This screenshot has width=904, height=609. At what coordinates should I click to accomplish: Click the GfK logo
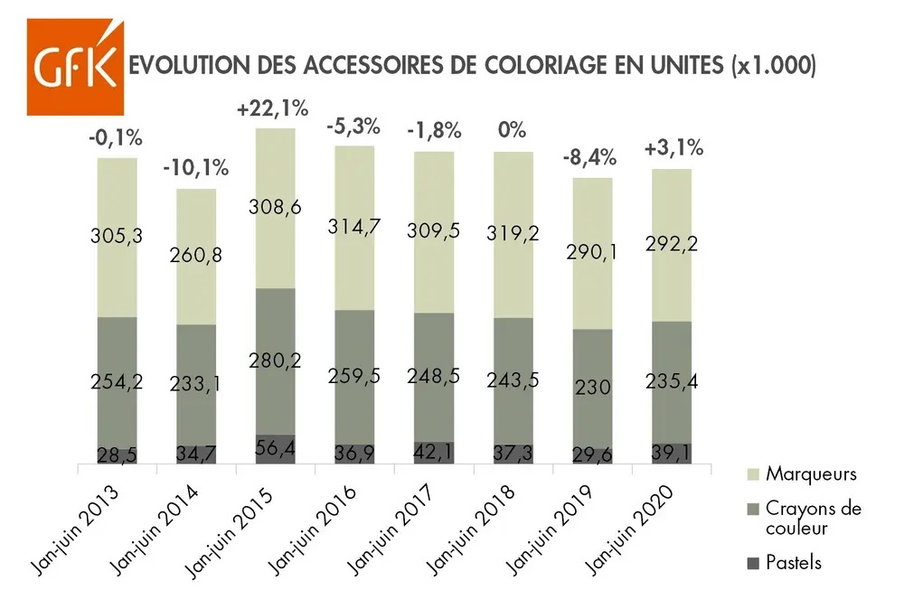coord(76,66)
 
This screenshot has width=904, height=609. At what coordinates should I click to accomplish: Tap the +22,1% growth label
coord(272,109)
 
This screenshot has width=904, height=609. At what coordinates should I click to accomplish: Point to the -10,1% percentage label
coord(196,168)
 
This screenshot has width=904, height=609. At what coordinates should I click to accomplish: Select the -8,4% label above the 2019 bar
coord(590,157)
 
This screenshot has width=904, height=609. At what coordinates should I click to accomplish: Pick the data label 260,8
coord(195,256)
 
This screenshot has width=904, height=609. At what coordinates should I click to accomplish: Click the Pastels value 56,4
coord(275,449)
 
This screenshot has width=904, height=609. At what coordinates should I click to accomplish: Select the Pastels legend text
coord(794,562)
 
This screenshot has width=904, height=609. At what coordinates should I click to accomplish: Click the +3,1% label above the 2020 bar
coord(672,147)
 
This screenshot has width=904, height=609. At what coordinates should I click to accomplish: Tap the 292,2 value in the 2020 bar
coord(672,243)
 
